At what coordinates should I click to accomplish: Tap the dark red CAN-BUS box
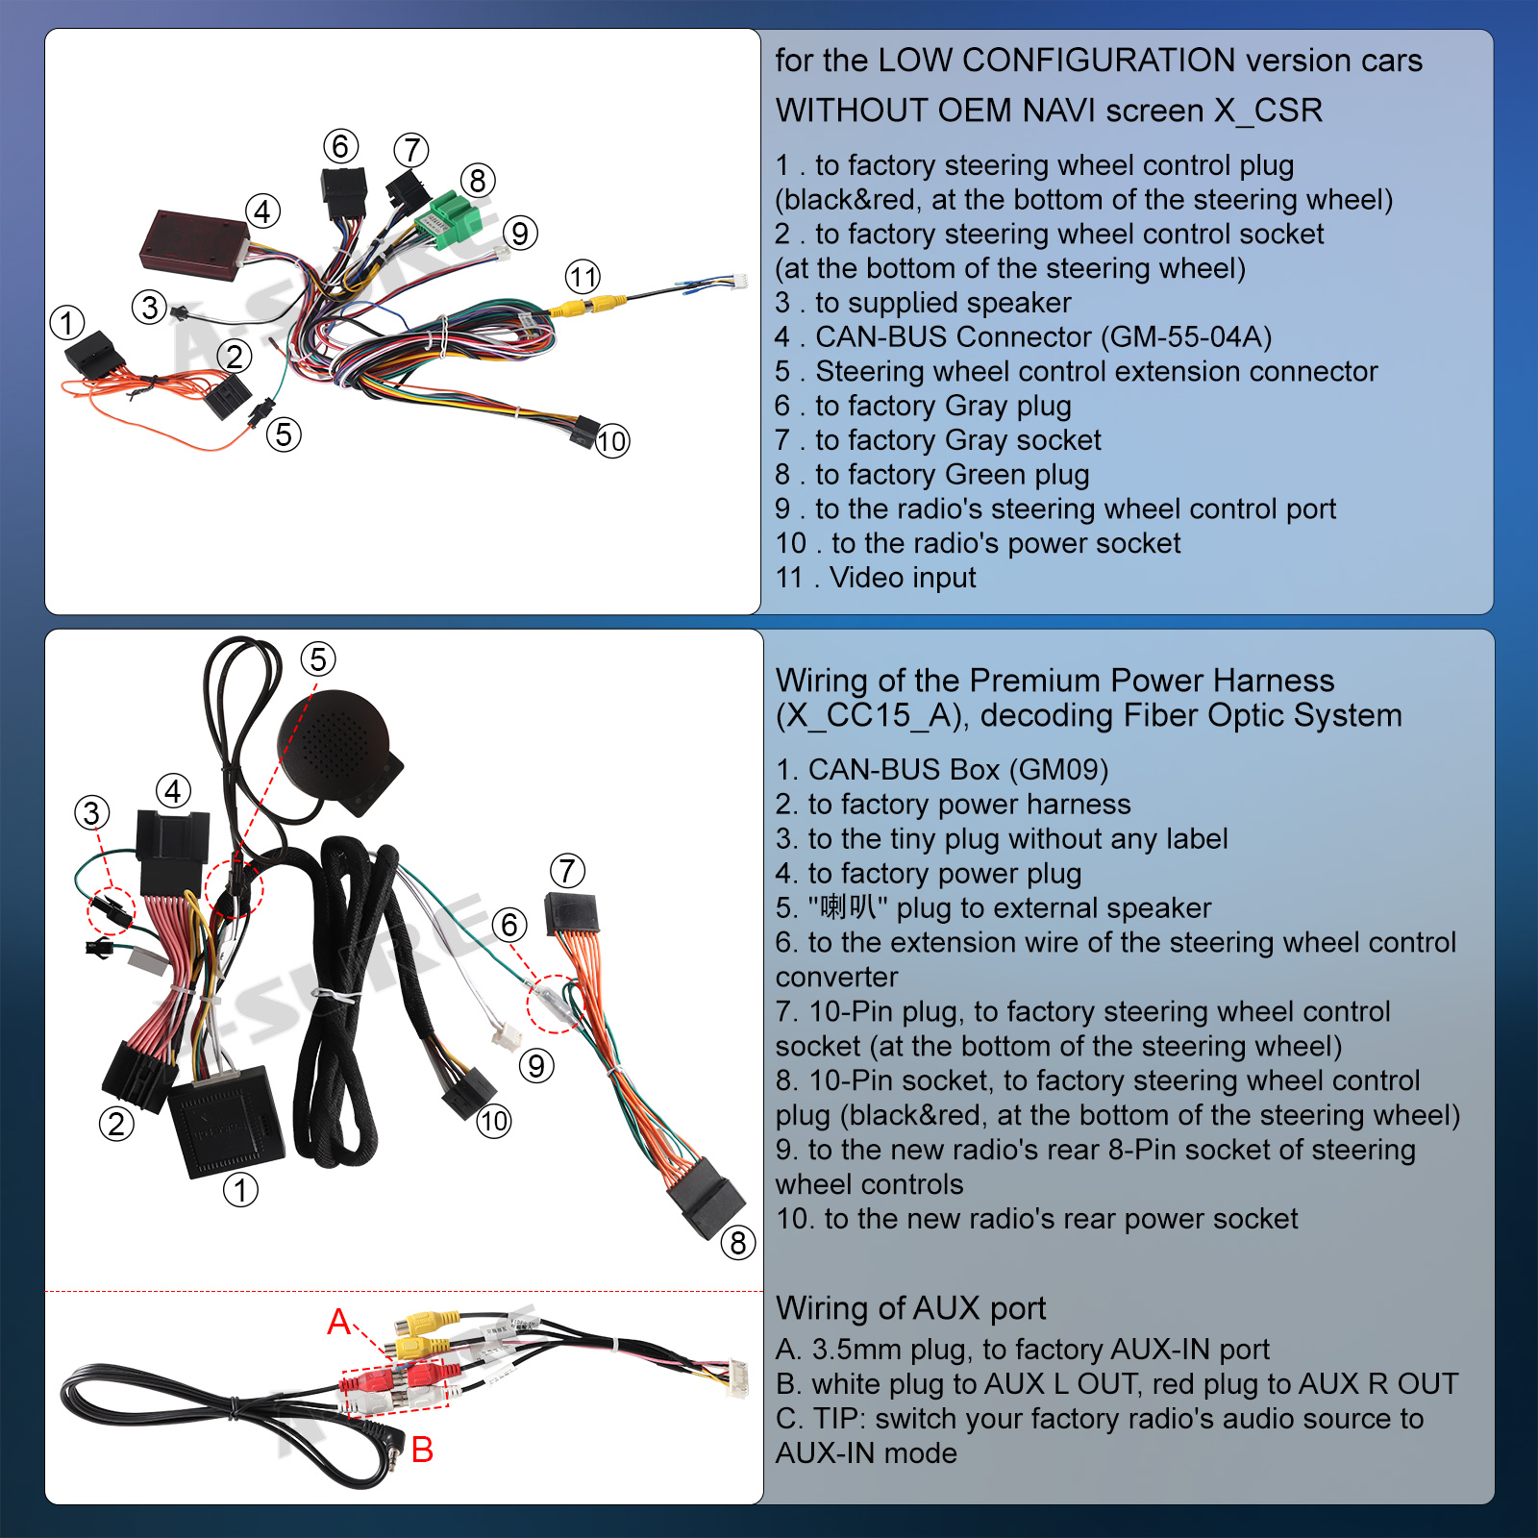click(x=194, y=244)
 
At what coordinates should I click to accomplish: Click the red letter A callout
click(x=338, y=1323)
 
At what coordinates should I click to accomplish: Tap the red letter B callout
click(x=422, y=1450)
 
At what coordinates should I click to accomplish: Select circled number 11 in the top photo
click(x=583, y=278)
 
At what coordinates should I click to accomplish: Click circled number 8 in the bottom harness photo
click(x=738, y=1243)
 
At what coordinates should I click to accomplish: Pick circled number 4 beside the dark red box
click(x=262, y=211)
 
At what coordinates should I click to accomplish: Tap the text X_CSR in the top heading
click(x=1268, y=111)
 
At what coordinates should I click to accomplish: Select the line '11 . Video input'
click(x=876, y=578)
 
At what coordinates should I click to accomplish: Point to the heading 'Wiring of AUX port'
click(x=910, y=1308)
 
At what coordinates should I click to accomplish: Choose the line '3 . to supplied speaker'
click(x=923, y=303)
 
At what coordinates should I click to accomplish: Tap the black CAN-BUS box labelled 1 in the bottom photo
click(x=226, y=1121)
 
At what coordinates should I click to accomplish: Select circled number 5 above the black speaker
click(x=318, y=659)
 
